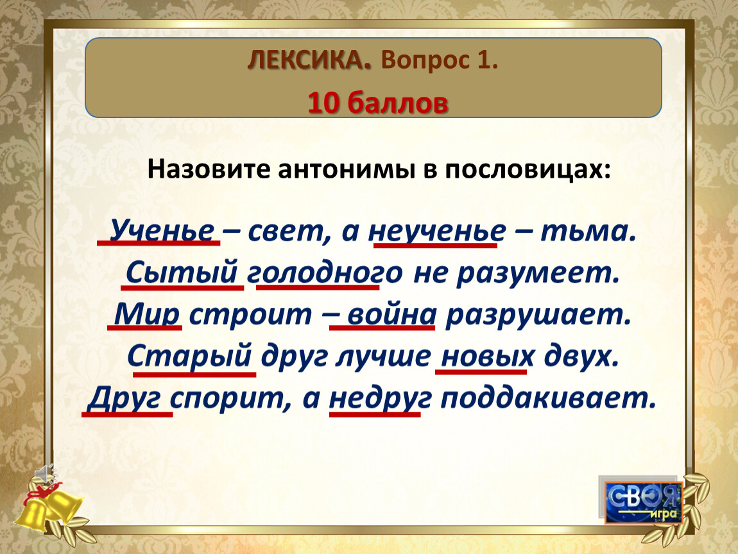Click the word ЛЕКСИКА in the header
(309, 60)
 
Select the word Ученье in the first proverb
(162, 231)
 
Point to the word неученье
(438, 231)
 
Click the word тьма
(588, 231)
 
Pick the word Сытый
(182, 272)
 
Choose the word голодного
(325, 273)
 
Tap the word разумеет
(538, 273)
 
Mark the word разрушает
(538, 314)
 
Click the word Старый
(190, 356)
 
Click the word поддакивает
(548, 398)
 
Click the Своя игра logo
(644, 502)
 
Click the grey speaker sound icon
(46, 474)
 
